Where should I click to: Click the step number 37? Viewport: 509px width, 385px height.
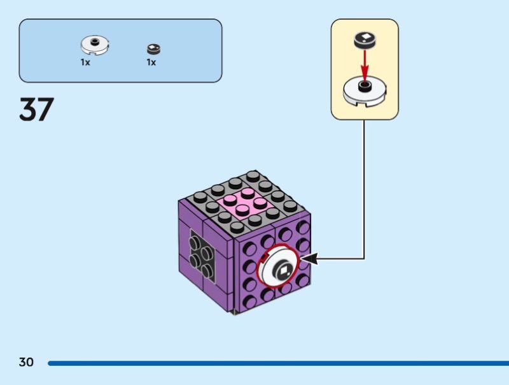(x=37, y=110)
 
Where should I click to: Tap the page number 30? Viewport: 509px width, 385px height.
(x=26, y=362)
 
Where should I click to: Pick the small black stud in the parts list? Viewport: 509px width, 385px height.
(x=153, y=48)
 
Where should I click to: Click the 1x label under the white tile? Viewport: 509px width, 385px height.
(x=85, y=62)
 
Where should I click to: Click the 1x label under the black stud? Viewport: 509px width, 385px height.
(x=151, y=62)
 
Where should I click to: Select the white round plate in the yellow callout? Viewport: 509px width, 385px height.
(x=365, y=91)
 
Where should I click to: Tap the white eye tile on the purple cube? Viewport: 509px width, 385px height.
(x=281, y=270)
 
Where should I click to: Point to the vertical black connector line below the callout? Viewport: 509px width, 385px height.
(x=365, y=185)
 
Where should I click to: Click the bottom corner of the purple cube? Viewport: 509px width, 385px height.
(x=235, y=312)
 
